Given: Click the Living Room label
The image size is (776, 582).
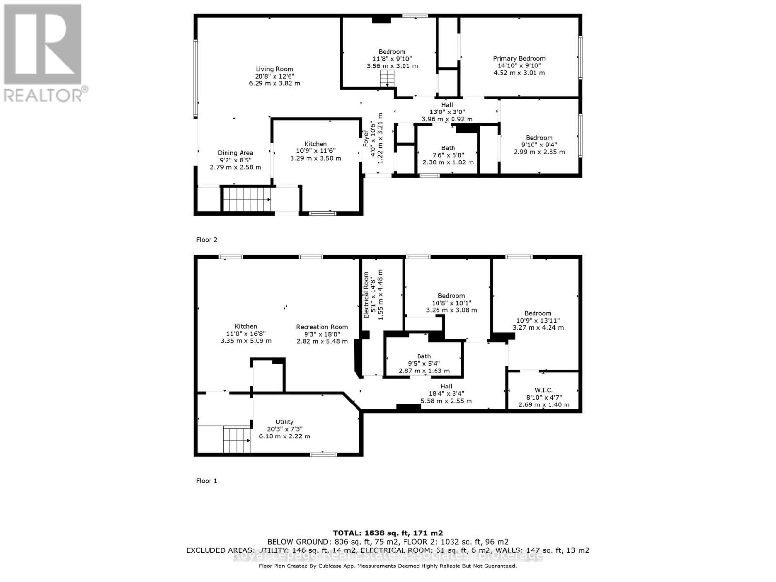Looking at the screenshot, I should tap(275, 69).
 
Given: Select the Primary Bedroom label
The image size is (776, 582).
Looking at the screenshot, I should tap(519, 59).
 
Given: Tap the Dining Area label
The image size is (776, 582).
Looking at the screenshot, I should tap(235, 153).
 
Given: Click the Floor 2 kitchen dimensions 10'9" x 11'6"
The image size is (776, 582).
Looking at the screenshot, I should tap(315, 151).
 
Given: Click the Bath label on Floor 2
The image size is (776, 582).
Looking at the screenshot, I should tap(448, 148).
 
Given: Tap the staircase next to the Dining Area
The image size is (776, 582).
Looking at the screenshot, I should tap(246, 199).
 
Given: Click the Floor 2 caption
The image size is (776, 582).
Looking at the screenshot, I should tap(207, 240).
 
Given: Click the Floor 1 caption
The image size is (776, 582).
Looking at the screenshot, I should tap(207, 481).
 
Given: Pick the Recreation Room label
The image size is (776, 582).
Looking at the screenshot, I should tap(322, 327).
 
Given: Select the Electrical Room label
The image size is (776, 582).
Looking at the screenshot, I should tap(367, 295).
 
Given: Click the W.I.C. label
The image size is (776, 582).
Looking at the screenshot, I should tap(544, 390).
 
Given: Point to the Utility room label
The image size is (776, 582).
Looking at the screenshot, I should tap(285, 422).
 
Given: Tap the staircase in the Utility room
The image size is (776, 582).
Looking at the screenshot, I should tap(237, 439).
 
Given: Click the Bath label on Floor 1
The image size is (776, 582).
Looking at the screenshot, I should tap(423, 356).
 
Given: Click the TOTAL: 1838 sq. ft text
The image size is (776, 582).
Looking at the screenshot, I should tap(388, 533).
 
